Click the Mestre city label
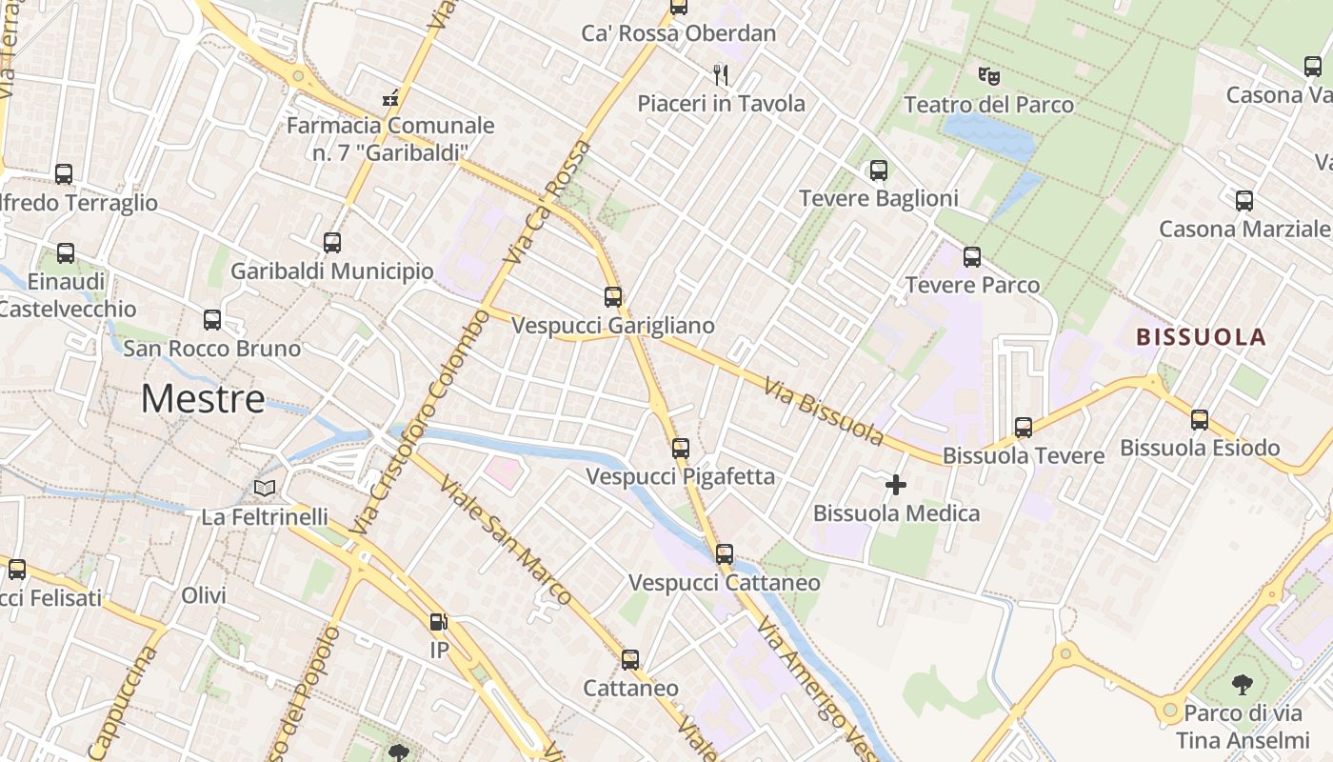[x=203, y=398]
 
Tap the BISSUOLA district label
[x=1201, y=336]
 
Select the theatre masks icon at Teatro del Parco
[x=988, y=75]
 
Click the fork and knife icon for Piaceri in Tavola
[x=721, y=74]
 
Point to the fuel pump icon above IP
[x=438, y=622]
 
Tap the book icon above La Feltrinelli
[x=264, y=489]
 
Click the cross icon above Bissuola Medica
[x=895, y=485]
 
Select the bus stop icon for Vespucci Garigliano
[x=613, y=297]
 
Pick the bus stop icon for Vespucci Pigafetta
[x=680, y=448]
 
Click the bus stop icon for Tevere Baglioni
[x=878, y=170]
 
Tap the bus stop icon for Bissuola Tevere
[x=1024, y=428]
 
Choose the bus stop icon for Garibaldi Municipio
[x=331, y=243]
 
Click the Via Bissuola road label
[x=824, y=411]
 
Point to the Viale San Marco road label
[x=505, y=538]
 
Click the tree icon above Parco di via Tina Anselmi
[x=1242, y=684]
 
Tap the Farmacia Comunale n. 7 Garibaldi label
[x=390, y=138]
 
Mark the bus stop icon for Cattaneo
[x=629, y=660]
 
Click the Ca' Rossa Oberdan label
[x=679, y=33]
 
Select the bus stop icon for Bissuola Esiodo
[x=1200, y=420]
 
